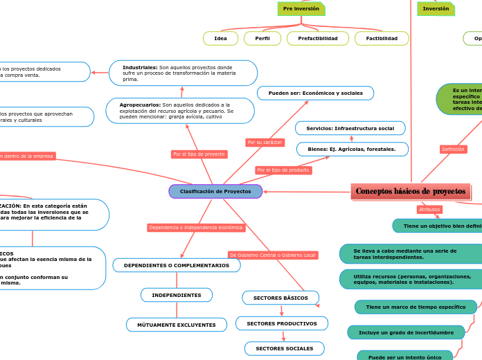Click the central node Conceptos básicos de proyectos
tap(411, 192)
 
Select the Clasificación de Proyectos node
tap(215, 191)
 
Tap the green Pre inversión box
tap(301, 9)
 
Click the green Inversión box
tap(436, 9)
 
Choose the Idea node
tap(220, 39)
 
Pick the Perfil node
tap(262, 39)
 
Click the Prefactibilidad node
tap(318, 39)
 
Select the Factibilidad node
tap(382, 39)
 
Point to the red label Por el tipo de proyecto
tap(199, 154)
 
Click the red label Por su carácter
tap(265, 143)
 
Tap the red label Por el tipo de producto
tap(283, 170)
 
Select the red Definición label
tap(453, 150)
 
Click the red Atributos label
tap(429, 210)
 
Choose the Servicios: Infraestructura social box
tap(350, 129)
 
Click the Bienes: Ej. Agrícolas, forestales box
tap(352, 150)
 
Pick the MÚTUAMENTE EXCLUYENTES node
tap(177, 325)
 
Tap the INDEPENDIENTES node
tap(177, 296)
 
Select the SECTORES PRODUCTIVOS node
tap(282, 324)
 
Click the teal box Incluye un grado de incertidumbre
tap(406, 333)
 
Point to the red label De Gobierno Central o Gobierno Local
tap(273, 255)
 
